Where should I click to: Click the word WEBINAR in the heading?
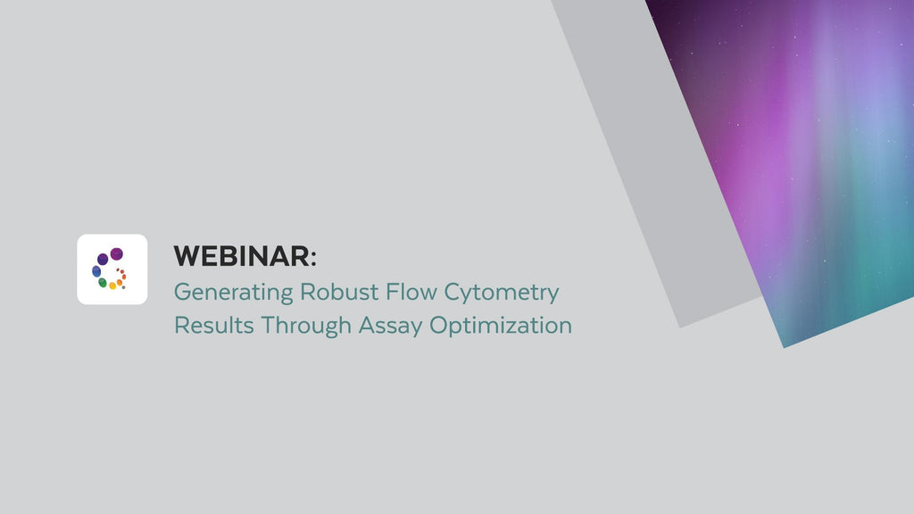click(x=241, y=256)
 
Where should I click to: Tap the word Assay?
click(x=391, y=326)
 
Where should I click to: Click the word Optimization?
click(x=501, y=326)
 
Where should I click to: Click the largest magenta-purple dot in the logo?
click(x=116, y=254)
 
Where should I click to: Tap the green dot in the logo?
click(x=103, y=283)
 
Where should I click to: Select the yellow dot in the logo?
click(x=112, y=286)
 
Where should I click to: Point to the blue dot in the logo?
click(x=96, y=271)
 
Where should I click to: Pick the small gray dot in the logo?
click(x=123, y=287)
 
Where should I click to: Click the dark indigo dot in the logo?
click(x=103, y=259)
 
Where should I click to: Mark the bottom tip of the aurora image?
click(x=784, y=346)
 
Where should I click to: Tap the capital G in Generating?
click(x=181, y=291)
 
